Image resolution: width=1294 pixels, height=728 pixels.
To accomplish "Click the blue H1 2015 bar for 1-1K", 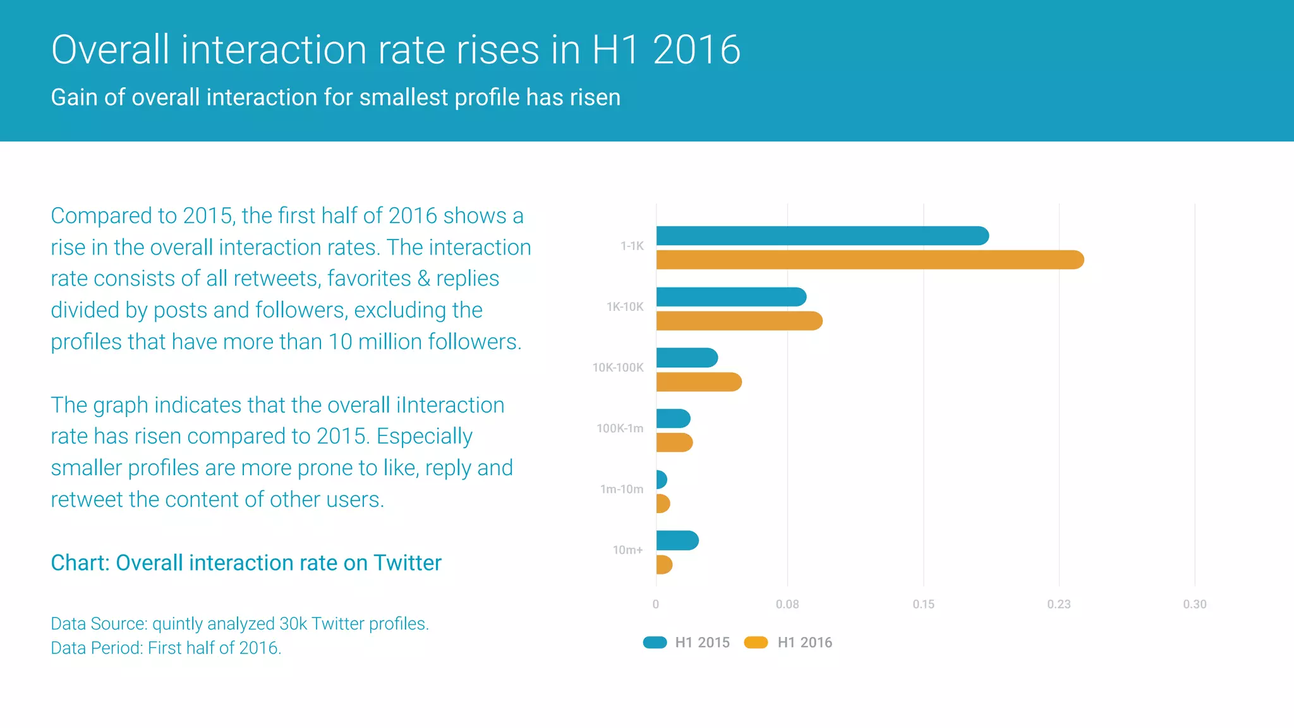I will (x=821, y=236).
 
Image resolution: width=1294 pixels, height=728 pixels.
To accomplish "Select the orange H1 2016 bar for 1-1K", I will (x=869, y=260).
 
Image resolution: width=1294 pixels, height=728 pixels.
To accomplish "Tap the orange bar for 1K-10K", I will (x=739, y=321).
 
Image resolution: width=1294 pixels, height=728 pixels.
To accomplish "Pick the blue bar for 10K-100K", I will (x=687, y=358).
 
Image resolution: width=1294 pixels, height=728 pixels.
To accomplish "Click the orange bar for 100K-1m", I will (x=674, y=442).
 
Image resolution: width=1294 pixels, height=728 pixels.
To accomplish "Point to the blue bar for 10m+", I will (x=677, y=540).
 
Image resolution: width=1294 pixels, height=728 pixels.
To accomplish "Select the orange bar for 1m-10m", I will (x=663, y=504).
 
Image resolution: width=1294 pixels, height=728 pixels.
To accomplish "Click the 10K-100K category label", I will (x=617, y=367).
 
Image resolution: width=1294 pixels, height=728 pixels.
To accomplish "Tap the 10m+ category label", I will (x=627, y=550).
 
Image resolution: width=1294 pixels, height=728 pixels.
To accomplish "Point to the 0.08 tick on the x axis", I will (x=787, y=604).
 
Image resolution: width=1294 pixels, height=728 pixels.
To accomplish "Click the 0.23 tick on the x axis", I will (x=1059, y=604).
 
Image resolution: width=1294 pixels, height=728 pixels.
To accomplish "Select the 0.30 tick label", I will (x=1194, y=604).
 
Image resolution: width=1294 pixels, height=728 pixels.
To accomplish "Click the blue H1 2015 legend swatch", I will (x=655, y=643).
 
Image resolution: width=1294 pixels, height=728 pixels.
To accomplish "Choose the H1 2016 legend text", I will (x=804, y=643).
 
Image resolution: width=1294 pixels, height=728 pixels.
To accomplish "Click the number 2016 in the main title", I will (x=696, y=50).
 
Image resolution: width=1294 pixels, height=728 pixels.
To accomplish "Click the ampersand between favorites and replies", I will (x=423, y=279).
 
